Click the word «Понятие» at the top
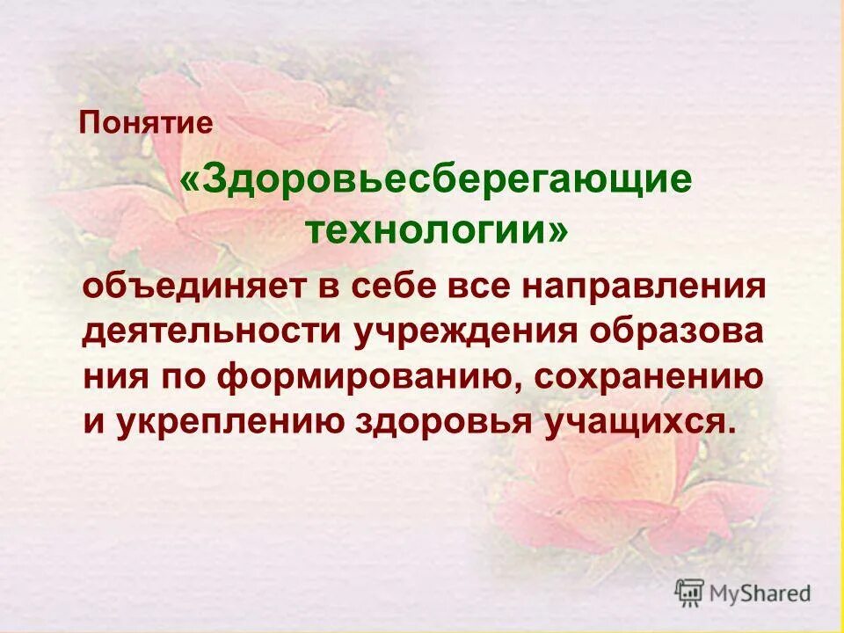[146, 122]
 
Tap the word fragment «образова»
[675, 332]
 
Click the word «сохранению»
[645, 377]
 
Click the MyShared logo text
[760, 593]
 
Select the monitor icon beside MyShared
[689, 593]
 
